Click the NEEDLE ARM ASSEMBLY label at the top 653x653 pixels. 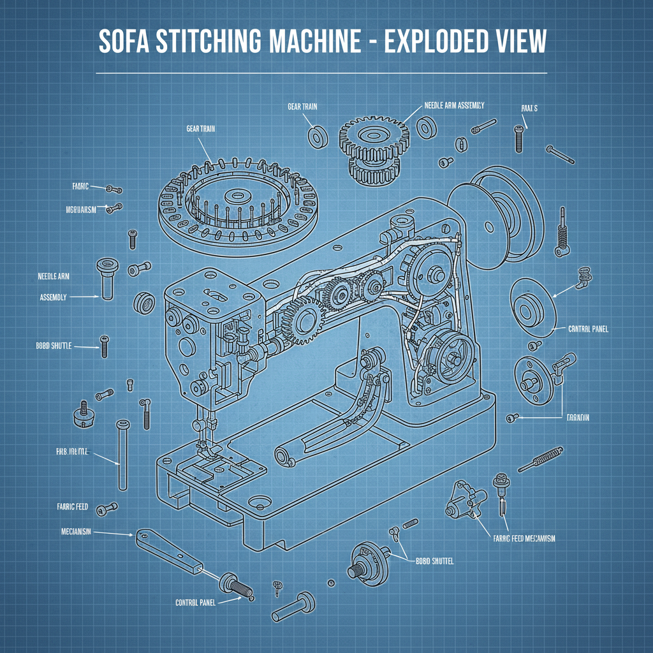tap(454, 105)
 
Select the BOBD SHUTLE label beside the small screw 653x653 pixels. tap(54, 346)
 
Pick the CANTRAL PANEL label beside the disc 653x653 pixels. tap(588, 330)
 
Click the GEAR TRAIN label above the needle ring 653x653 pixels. tap(200, 129)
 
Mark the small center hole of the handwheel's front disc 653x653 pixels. tap(489, 225)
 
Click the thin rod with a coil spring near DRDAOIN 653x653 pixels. tap(541, 460)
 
